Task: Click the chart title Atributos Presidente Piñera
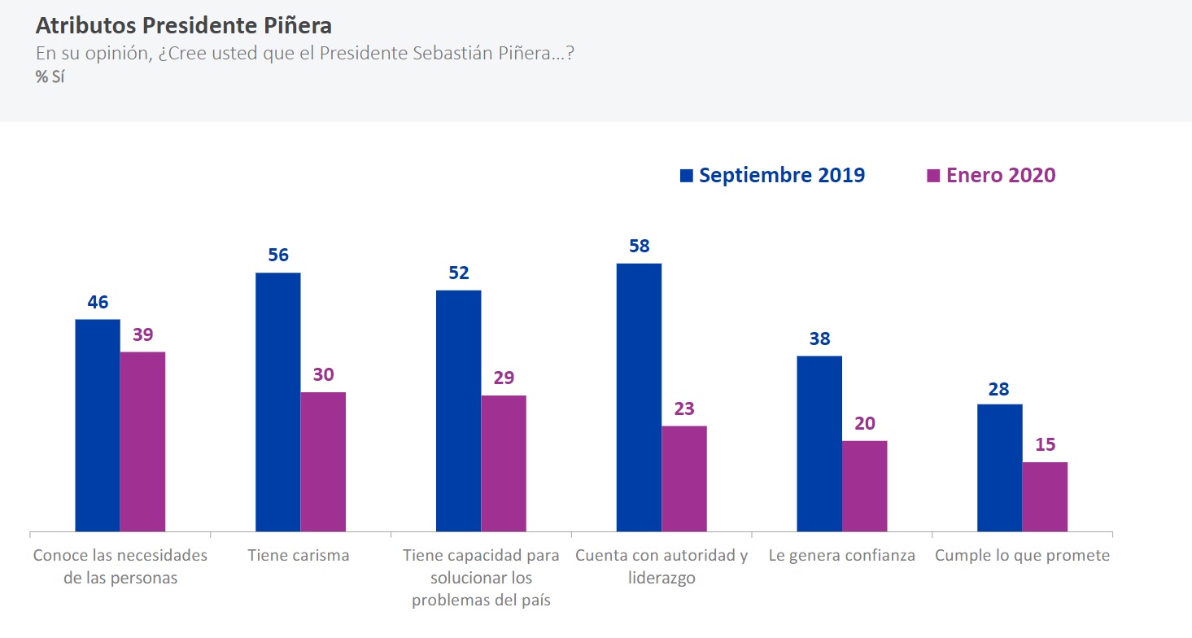tap(183, 25)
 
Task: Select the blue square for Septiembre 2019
tap(686, 175)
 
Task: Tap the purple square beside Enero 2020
tap(932, 175)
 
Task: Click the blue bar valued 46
tap(98, 426)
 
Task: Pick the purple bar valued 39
tap(142, 442)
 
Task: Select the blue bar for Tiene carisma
tap(277, 402)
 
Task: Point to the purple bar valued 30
tap(323, 462)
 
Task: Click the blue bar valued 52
tap(458, 411)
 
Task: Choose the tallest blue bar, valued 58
tap(639, 397)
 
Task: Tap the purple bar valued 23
tap(684, 478)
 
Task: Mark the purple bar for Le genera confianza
tap(864, 486)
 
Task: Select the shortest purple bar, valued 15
tap(1045, 496)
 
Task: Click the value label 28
tap(998, 389)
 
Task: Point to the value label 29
tap(504, 378)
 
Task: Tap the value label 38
tap(819, 339)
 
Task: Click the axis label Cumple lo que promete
tap(1022, 556)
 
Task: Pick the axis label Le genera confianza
tap(842, 556)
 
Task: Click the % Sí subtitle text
tap(50, 78)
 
